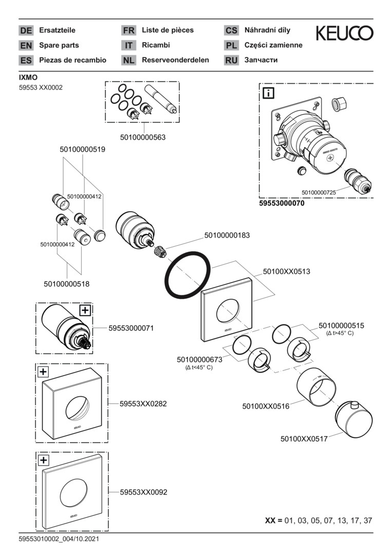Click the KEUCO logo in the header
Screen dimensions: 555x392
point(344,34)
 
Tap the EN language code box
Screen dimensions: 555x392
point(26,45)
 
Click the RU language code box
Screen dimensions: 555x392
point(231,60)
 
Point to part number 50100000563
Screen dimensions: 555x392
point(143,137)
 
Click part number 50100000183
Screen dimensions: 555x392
point(227,235)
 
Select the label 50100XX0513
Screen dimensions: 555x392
point(287,270)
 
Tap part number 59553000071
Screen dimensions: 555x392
point(132,327)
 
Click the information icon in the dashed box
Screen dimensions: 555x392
point(269,93)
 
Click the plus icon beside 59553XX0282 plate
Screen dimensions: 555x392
point(43,371)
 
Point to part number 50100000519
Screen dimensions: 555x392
point(83,150)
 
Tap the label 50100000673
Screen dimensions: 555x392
point(199,359)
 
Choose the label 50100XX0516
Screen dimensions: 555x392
point(266,406)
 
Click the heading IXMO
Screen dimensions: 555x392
point(28,78)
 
